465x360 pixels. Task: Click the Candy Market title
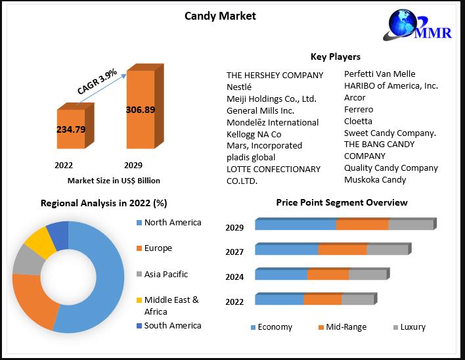click(220, 16)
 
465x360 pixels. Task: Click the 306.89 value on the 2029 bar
click(141, 110)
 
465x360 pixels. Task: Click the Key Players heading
click(335, 56)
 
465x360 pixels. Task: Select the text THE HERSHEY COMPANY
click(275, 75)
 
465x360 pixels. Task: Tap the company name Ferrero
click(359, 109)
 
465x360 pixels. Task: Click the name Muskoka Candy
click(375, 179)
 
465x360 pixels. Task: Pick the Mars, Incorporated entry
click(264, 145)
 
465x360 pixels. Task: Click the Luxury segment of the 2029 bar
click(410, 225)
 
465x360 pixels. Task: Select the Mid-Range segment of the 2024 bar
click(328, 275)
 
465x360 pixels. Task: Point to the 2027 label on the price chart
click(234, 252)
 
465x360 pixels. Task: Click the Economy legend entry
click(271, 327)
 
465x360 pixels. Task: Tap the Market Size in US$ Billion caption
click(114, 180)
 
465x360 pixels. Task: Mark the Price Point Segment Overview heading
click(342, 202)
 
